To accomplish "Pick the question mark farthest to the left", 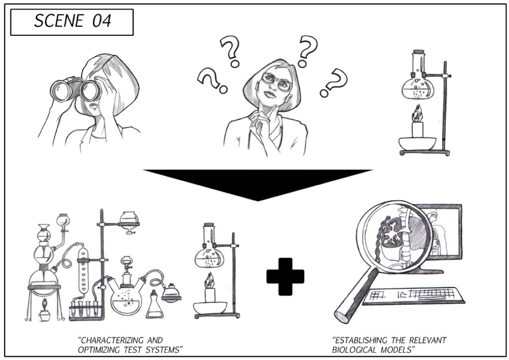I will (212, 81).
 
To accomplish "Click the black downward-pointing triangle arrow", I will (257, 184).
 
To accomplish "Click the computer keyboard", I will (415, 295).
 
